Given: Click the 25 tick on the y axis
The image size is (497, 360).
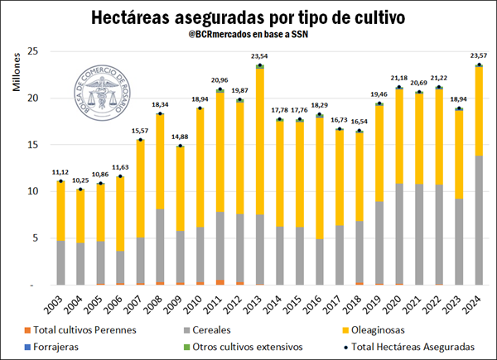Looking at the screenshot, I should point(34,51).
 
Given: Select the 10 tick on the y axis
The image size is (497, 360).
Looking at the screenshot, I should point(34,191).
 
